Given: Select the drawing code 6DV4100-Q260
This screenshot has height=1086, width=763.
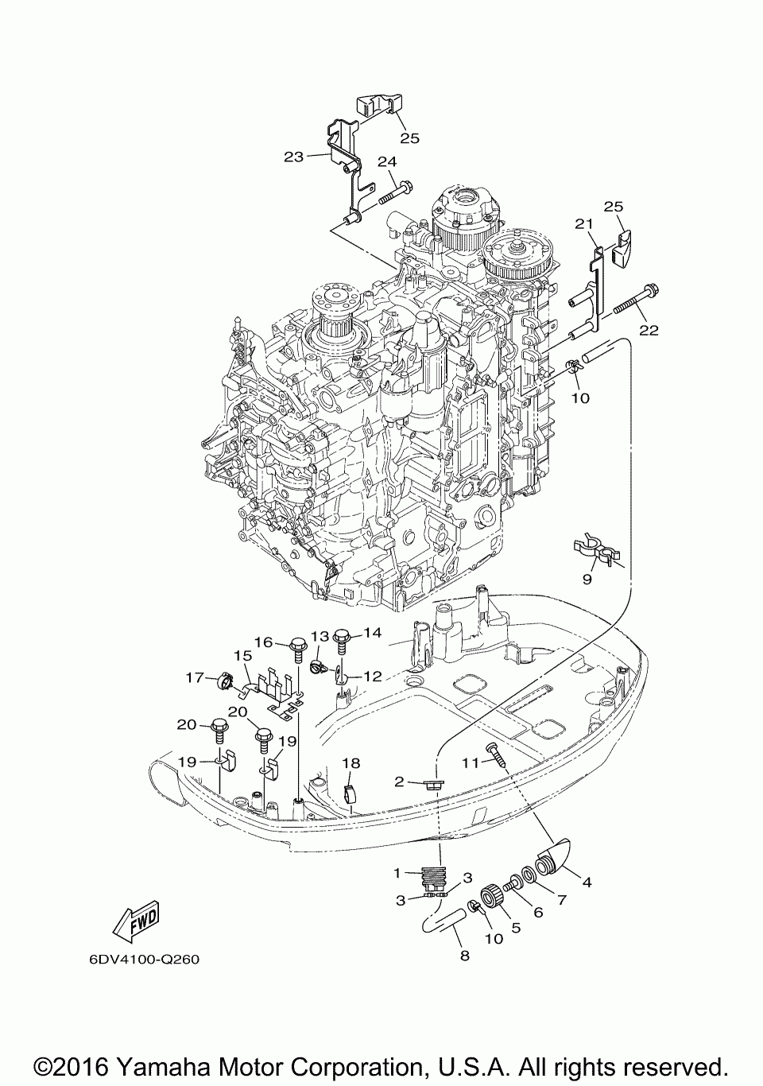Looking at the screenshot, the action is [x=145, y=960].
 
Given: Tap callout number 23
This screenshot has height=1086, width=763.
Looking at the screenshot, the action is [x=294, y=157].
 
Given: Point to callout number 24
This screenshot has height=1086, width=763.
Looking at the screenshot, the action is [x=387, y=162].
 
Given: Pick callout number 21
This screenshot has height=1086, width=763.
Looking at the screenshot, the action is [x=584, y=224].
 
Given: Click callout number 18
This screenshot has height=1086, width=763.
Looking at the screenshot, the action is [x=351, y=763].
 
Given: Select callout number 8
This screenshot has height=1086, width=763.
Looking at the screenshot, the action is [x=465, y=956].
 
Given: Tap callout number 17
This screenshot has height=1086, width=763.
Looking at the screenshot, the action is [x=196, y=677].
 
